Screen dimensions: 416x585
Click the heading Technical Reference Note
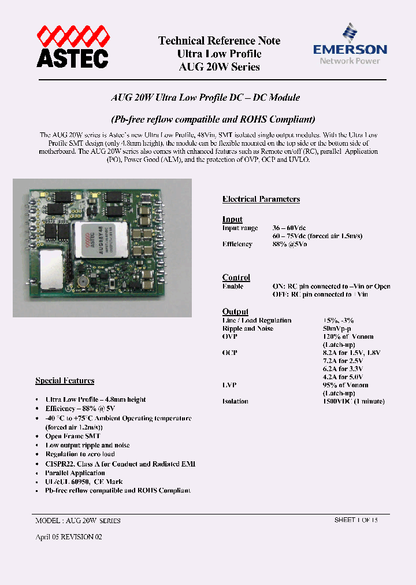coord(219,40)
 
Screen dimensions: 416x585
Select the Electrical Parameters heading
coord(261,199)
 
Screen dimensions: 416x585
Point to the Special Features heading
coord(65,380)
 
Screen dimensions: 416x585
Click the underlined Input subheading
coord(232,220)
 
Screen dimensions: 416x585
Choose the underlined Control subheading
coord(236,277)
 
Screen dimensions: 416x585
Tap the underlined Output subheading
coord(235,312)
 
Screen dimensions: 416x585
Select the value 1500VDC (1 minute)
coord(353,401)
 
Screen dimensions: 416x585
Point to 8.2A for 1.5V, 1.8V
coord(351,353)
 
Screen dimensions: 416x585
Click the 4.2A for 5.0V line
coord(347,377)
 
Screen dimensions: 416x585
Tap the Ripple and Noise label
coord(248,328)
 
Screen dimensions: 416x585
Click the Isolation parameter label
coord(235,401)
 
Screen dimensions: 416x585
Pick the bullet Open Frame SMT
coord(73,436)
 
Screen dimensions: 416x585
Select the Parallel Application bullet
coord(75,473)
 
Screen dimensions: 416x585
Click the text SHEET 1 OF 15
coord(356,520)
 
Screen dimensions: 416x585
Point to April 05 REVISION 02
coord(69,537)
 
